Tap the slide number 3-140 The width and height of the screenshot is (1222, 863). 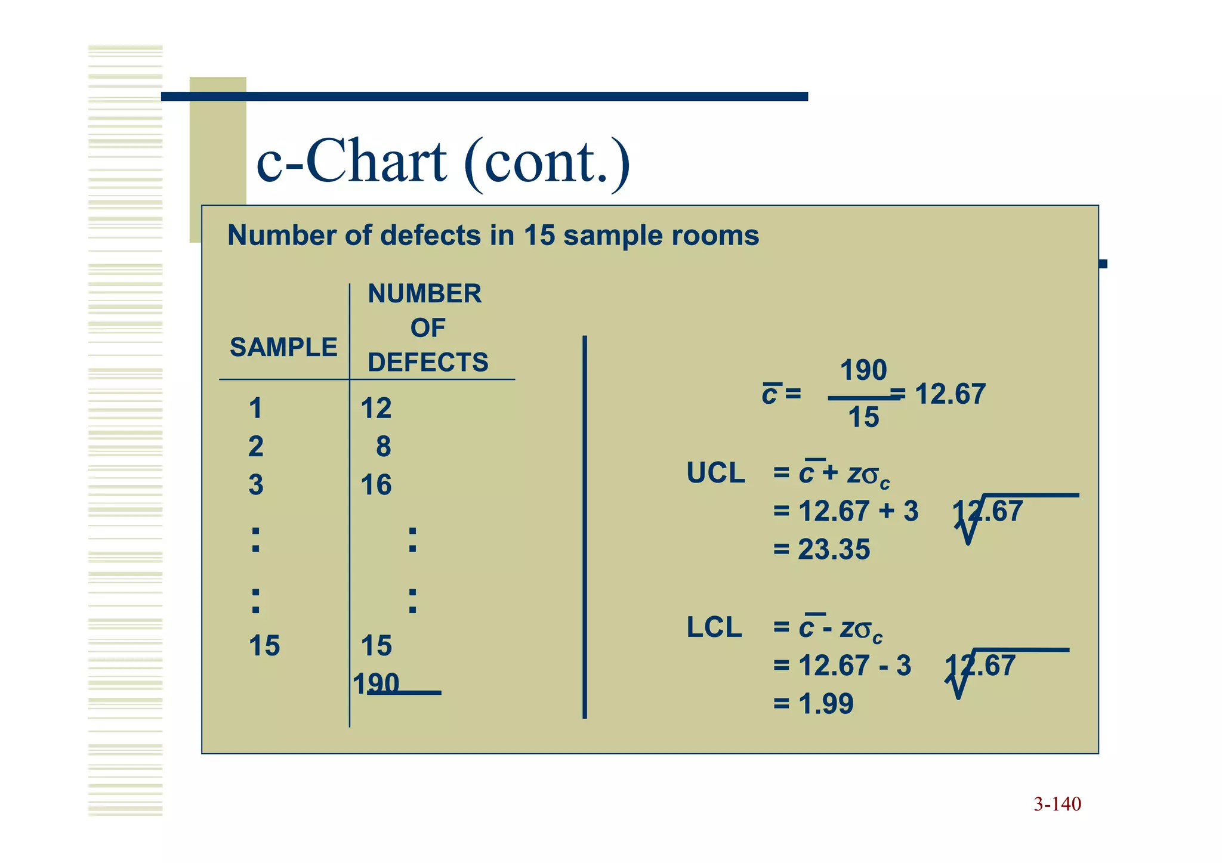[x=1057, y=804]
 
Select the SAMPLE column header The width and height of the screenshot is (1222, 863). [x=283, y=347]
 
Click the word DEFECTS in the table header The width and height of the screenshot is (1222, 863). [x=428, y=362]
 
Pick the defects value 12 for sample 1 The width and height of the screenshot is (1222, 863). [x=376, y=409]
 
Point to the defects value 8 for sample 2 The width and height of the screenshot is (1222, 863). [x=383, y=447]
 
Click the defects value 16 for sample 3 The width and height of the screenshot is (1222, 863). [x=376, y=485]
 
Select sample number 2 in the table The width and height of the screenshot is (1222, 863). [x=255, y=447]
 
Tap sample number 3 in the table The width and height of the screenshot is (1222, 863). [x=255, y=485]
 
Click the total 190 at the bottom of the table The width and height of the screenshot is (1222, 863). [x=376, y=683]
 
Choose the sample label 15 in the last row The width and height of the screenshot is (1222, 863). [x=264, y=646]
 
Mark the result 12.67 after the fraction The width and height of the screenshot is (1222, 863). [x=950, y=394]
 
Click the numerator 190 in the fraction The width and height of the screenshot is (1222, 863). [x=863, y=370]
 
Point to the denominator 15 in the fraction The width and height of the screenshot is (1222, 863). [x=863, y=417]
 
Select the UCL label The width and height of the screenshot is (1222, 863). [x=715, y=473]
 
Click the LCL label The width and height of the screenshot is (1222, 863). [x=714, y=627]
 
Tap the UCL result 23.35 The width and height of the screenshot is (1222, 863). [x=834, y=549]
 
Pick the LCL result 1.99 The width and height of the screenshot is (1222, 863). [x=826, y=704]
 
